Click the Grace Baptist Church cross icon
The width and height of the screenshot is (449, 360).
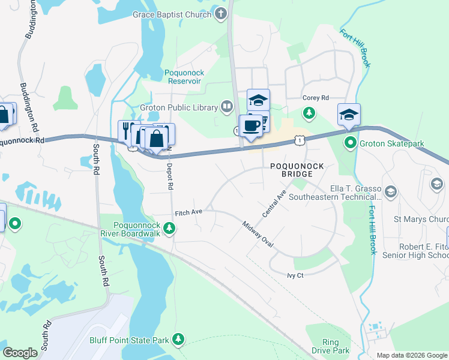(x=221, y=14)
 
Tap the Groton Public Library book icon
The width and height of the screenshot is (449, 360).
(x=226, y=107)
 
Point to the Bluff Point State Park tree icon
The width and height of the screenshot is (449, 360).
(x=178, y=340)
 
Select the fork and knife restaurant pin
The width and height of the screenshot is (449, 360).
(x=128, y=131)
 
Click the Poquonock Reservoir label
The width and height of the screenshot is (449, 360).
(x=184, y=77)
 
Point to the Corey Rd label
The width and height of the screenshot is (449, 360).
(x=316, y=97)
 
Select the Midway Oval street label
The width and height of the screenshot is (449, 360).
(x=258, y=234)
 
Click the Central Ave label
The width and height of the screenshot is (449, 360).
(x=274, y=204)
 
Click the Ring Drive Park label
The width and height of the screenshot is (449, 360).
(x=330, y=346)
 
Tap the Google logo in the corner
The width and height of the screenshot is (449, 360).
(x=20, y=353)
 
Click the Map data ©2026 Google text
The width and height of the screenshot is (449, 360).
(x=411, y=355)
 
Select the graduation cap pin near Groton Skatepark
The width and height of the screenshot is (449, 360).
(x=349, y=114)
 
